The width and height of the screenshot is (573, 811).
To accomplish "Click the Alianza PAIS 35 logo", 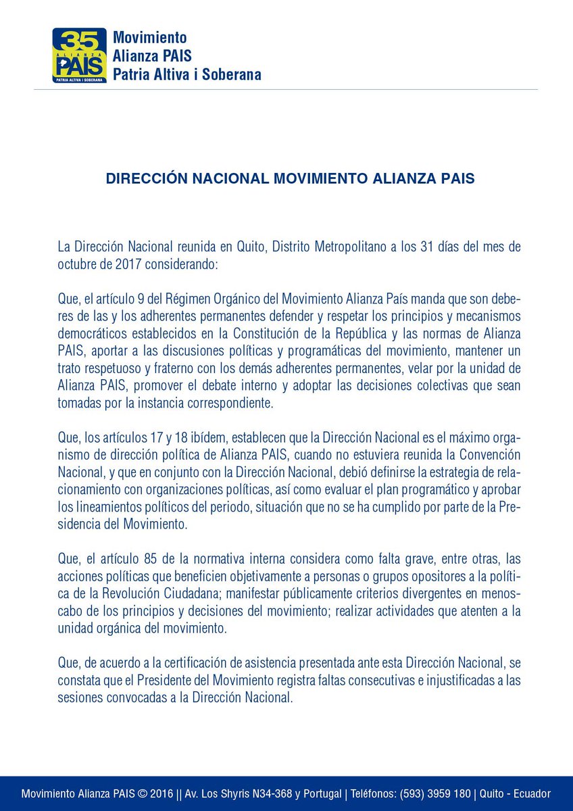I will [x=79, y=55].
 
